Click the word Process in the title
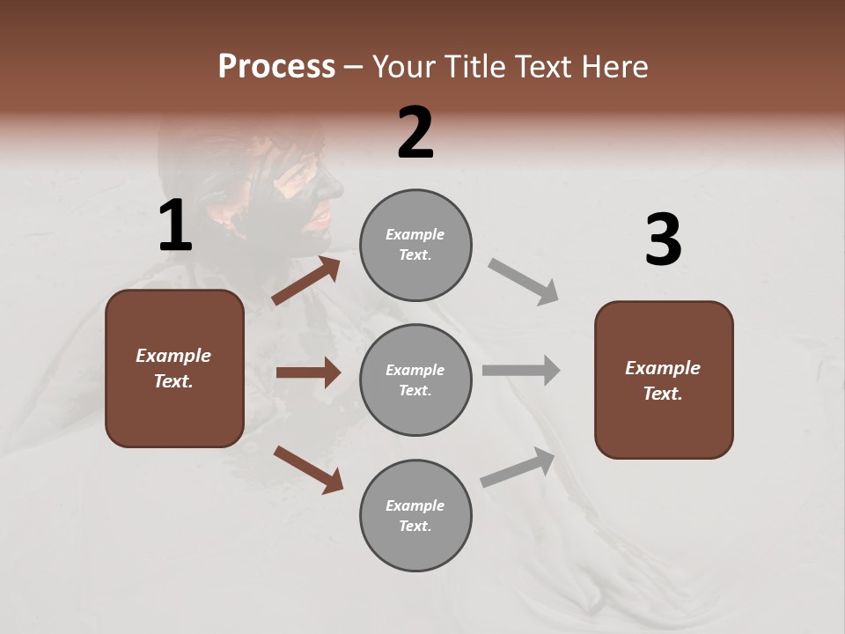coord(276,66)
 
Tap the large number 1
coord(175,226)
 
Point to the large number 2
coord(415,133)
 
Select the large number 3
coord(663,240)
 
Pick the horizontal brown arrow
coord(308,372)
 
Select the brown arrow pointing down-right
coord(308,469)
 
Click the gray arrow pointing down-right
coord(524,282)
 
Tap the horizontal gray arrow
coord(521,370)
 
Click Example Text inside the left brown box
coord(174,368)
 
